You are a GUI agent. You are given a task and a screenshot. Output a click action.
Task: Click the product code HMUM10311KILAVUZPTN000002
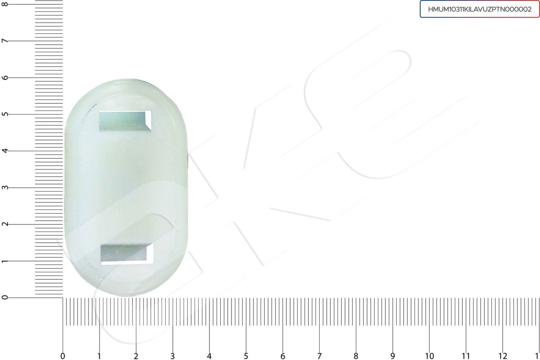(x=480, y=9)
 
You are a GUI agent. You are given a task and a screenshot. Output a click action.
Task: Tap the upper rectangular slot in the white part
(x=125, y=121)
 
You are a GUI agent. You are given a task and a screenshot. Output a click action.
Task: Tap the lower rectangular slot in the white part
(x=127, y=254)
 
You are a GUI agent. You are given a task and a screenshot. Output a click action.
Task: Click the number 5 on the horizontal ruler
(x=246, y=356)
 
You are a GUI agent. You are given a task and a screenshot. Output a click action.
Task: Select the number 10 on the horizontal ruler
(x=429, y=356)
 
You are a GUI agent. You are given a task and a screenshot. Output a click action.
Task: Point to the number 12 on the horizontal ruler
(x=502, y=356)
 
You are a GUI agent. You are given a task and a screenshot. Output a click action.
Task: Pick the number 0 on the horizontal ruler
(x=63, y=356)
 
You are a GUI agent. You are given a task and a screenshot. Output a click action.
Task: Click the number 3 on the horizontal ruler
(x=173, y=356)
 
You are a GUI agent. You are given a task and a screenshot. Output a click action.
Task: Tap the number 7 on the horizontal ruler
(x=319, y=356)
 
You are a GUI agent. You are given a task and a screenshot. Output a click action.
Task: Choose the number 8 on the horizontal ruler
(x=356, y=356)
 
